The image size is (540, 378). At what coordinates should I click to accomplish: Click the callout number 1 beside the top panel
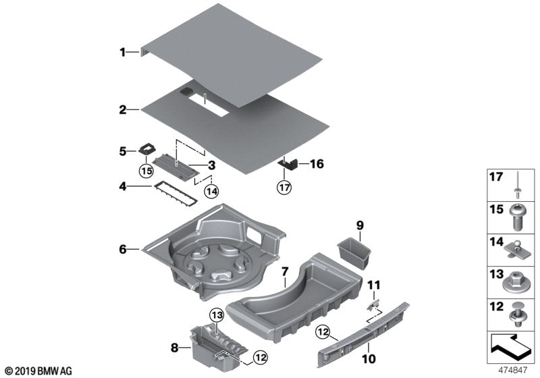[x=123, y=51]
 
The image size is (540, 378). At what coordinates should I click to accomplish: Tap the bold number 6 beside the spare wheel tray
[x=123, y=249]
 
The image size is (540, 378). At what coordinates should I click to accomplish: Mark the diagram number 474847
[x=514, y=371]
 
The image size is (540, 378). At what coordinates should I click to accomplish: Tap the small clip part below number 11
[x=373, y=304]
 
